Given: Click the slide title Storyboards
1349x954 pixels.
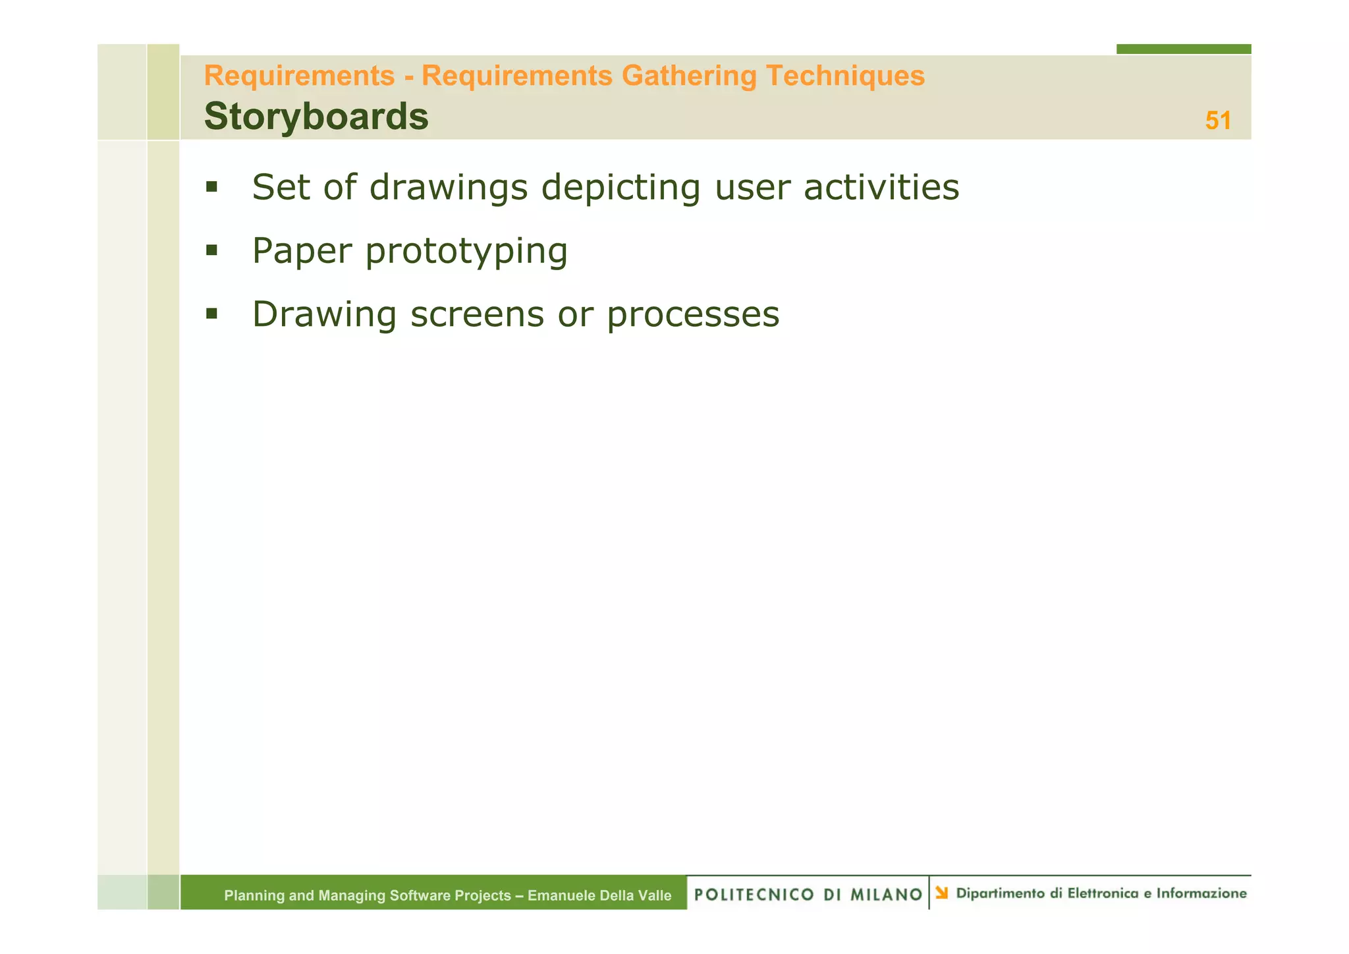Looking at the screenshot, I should [316, 117].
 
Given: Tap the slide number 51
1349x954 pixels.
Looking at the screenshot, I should [1218, 121].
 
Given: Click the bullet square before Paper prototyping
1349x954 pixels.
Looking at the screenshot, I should [211, 250].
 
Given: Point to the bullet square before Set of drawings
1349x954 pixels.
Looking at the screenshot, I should [211, 187].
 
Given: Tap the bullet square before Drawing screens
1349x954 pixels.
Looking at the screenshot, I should [211, 314].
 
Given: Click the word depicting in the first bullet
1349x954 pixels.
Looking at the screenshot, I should [620, 188].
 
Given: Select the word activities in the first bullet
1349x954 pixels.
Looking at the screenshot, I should [881, 187].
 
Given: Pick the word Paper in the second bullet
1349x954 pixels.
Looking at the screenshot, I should [302, 251].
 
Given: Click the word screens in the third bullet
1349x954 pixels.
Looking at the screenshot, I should [477, 315].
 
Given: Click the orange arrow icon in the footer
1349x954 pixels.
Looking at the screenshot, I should [942, 893].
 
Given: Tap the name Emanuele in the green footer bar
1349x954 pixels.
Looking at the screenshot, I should [561, 895].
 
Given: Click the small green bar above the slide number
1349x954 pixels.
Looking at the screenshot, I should [1183, 49].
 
